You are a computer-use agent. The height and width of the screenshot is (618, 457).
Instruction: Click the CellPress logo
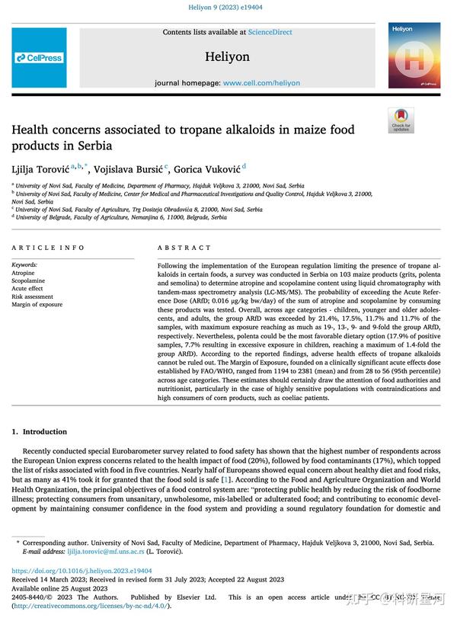[x=38, y=57]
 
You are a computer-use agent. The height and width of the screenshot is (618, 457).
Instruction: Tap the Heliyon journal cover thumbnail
[x=414, y=55]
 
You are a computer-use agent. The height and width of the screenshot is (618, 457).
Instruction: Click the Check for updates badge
[x=401, y=120]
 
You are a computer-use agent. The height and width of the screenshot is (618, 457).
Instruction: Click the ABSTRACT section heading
[x=184, y=248]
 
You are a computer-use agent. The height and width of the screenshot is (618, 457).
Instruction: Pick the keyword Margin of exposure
[x=37, y=305]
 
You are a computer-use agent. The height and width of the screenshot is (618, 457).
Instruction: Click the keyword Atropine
[x=24, y=273]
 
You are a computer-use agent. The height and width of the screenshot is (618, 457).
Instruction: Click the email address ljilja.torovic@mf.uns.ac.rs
[x=103, y=551]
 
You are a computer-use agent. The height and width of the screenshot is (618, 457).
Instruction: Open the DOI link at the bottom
[x=81, y=571]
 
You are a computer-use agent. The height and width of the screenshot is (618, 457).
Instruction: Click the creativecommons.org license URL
[x=91, y=606]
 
